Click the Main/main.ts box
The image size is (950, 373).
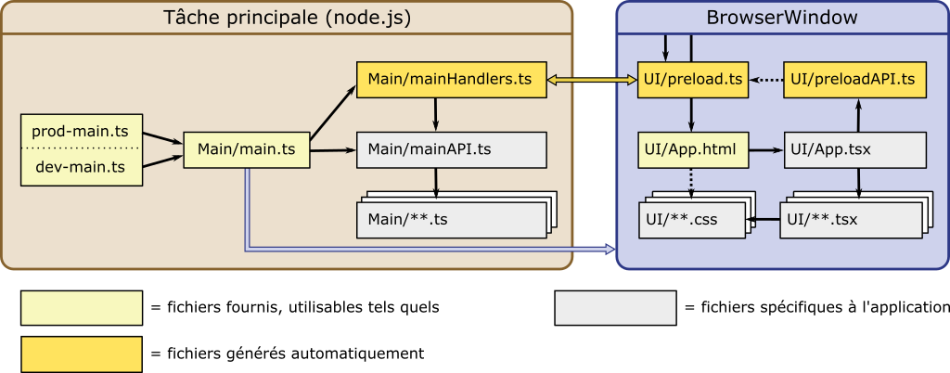pos(246,149)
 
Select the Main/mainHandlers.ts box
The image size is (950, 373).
pos(450,80)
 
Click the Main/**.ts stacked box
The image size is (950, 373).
pos(450,220)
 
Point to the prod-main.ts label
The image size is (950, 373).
pos(80,132)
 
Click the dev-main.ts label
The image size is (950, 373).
pos(80,167)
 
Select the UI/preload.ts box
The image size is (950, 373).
pos(692,80)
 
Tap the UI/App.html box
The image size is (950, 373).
pos(692,149)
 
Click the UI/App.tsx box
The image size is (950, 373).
pos(854,149)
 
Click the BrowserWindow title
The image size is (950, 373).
pos(781,18)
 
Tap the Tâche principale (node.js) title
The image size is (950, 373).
pos(287,18)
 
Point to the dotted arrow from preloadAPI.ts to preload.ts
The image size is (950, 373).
pos(766,81)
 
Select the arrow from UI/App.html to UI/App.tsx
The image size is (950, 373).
pos(766,149)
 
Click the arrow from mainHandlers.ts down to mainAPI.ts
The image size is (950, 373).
pos(435,115)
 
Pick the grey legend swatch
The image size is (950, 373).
pos(615,308)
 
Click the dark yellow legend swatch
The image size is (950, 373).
pos(82,354)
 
